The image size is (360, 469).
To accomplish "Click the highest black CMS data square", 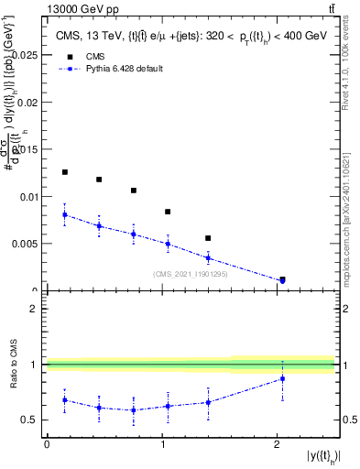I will click(64, 172).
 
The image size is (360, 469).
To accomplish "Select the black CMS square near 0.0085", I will click(168, 212).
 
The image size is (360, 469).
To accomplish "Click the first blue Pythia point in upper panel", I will click(64, 214).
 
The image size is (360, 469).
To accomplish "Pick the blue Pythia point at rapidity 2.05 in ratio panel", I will click(282, 378).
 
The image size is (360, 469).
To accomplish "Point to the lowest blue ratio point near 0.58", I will click(134, 409).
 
